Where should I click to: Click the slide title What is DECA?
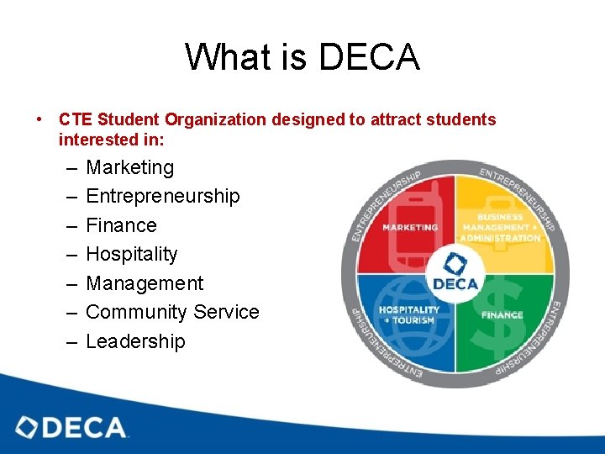tap(302, 57)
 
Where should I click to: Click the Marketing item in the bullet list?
tap(129, 167)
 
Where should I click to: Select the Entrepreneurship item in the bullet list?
tap(162, 196)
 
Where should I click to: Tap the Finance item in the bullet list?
tap(121, 225)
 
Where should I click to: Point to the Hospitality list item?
tap(132, 254)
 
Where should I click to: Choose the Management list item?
tap(145, 283)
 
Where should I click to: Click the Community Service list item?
tap(172, 312)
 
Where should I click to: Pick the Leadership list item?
tap(135, 341)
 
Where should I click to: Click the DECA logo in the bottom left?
tap(72, 427)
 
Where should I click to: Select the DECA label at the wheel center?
tap(455, 283)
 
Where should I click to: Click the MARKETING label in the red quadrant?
tap(410, 227)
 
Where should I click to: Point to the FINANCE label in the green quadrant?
tap(502, 315)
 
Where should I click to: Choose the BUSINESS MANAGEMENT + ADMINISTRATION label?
tap(502, 227)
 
